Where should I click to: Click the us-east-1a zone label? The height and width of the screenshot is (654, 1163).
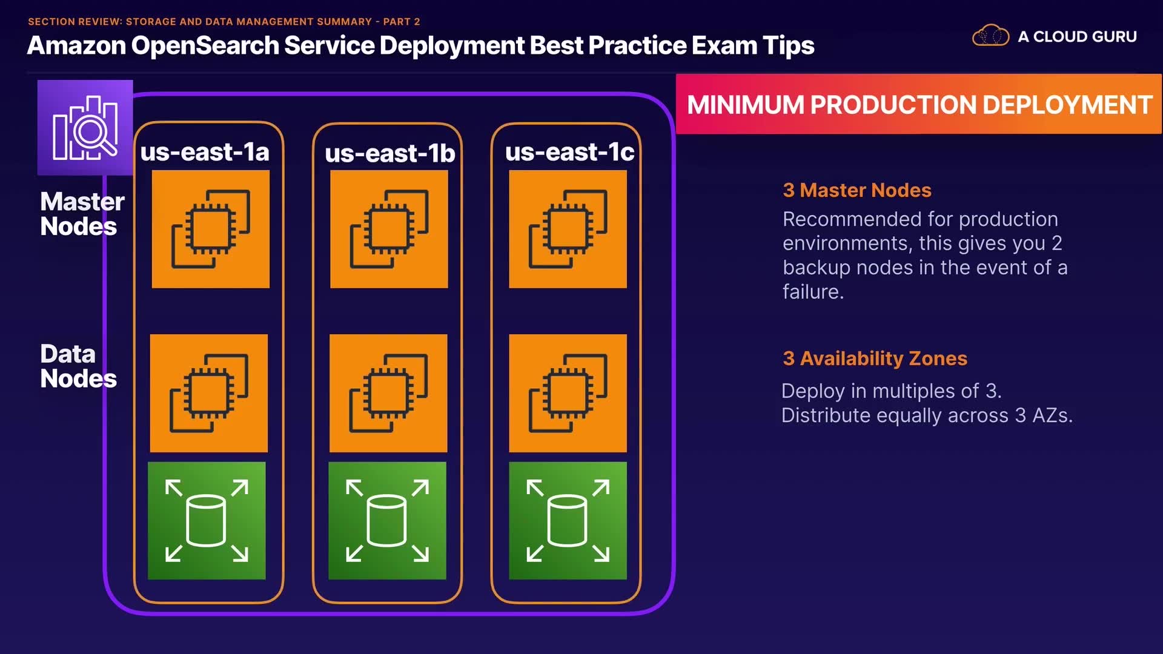tap(205, 152)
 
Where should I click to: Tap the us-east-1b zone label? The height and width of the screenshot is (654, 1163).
tap(389, 153)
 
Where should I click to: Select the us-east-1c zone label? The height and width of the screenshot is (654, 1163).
tap(569, 152)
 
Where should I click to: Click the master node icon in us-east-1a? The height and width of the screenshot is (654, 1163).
tap(210, 229)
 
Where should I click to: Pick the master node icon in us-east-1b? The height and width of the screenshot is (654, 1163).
tap(389, 229)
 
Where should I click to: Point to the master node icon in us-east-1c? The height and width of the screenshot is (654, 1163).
tap(568, 229)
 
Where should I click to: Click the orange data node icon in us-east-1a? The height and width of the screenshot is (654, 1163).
tap(208, 393)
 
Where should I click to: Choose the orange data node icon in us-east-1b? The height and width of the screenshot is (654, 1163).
tap(388, 393)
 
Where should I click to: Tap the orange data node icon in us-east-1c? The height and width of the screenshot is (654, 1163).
tap(568, 393)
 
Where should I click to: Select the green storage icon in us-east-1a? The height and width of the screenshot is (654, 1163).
tap(207, 521)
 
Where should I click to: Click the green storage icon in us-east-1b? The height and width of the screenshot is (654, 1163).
tap(387, 521)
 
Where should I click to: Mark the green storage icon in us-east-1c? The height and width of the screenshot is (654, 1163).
tap(568, 521)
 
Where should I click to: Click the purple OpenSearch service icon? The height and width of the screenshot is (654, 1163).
tap(85, 128)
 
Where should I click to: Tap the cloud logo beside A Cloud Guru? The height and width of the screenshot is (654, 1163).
tap(990, 36)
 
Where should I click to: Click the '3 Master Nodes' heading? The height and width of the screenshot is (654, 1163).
tap(857, 190)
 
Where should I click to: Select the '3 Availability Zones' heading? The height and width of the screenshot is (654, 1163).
tap(875, 358)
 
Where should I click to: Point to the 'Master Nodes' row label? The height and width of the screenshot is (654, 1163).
tap(82, 214)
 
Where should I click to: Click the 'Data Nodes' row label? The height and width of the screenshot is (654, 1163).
tap(78, 366)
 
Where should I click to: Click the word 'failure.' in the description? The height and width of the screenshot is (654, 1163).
tap(813, 292)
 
